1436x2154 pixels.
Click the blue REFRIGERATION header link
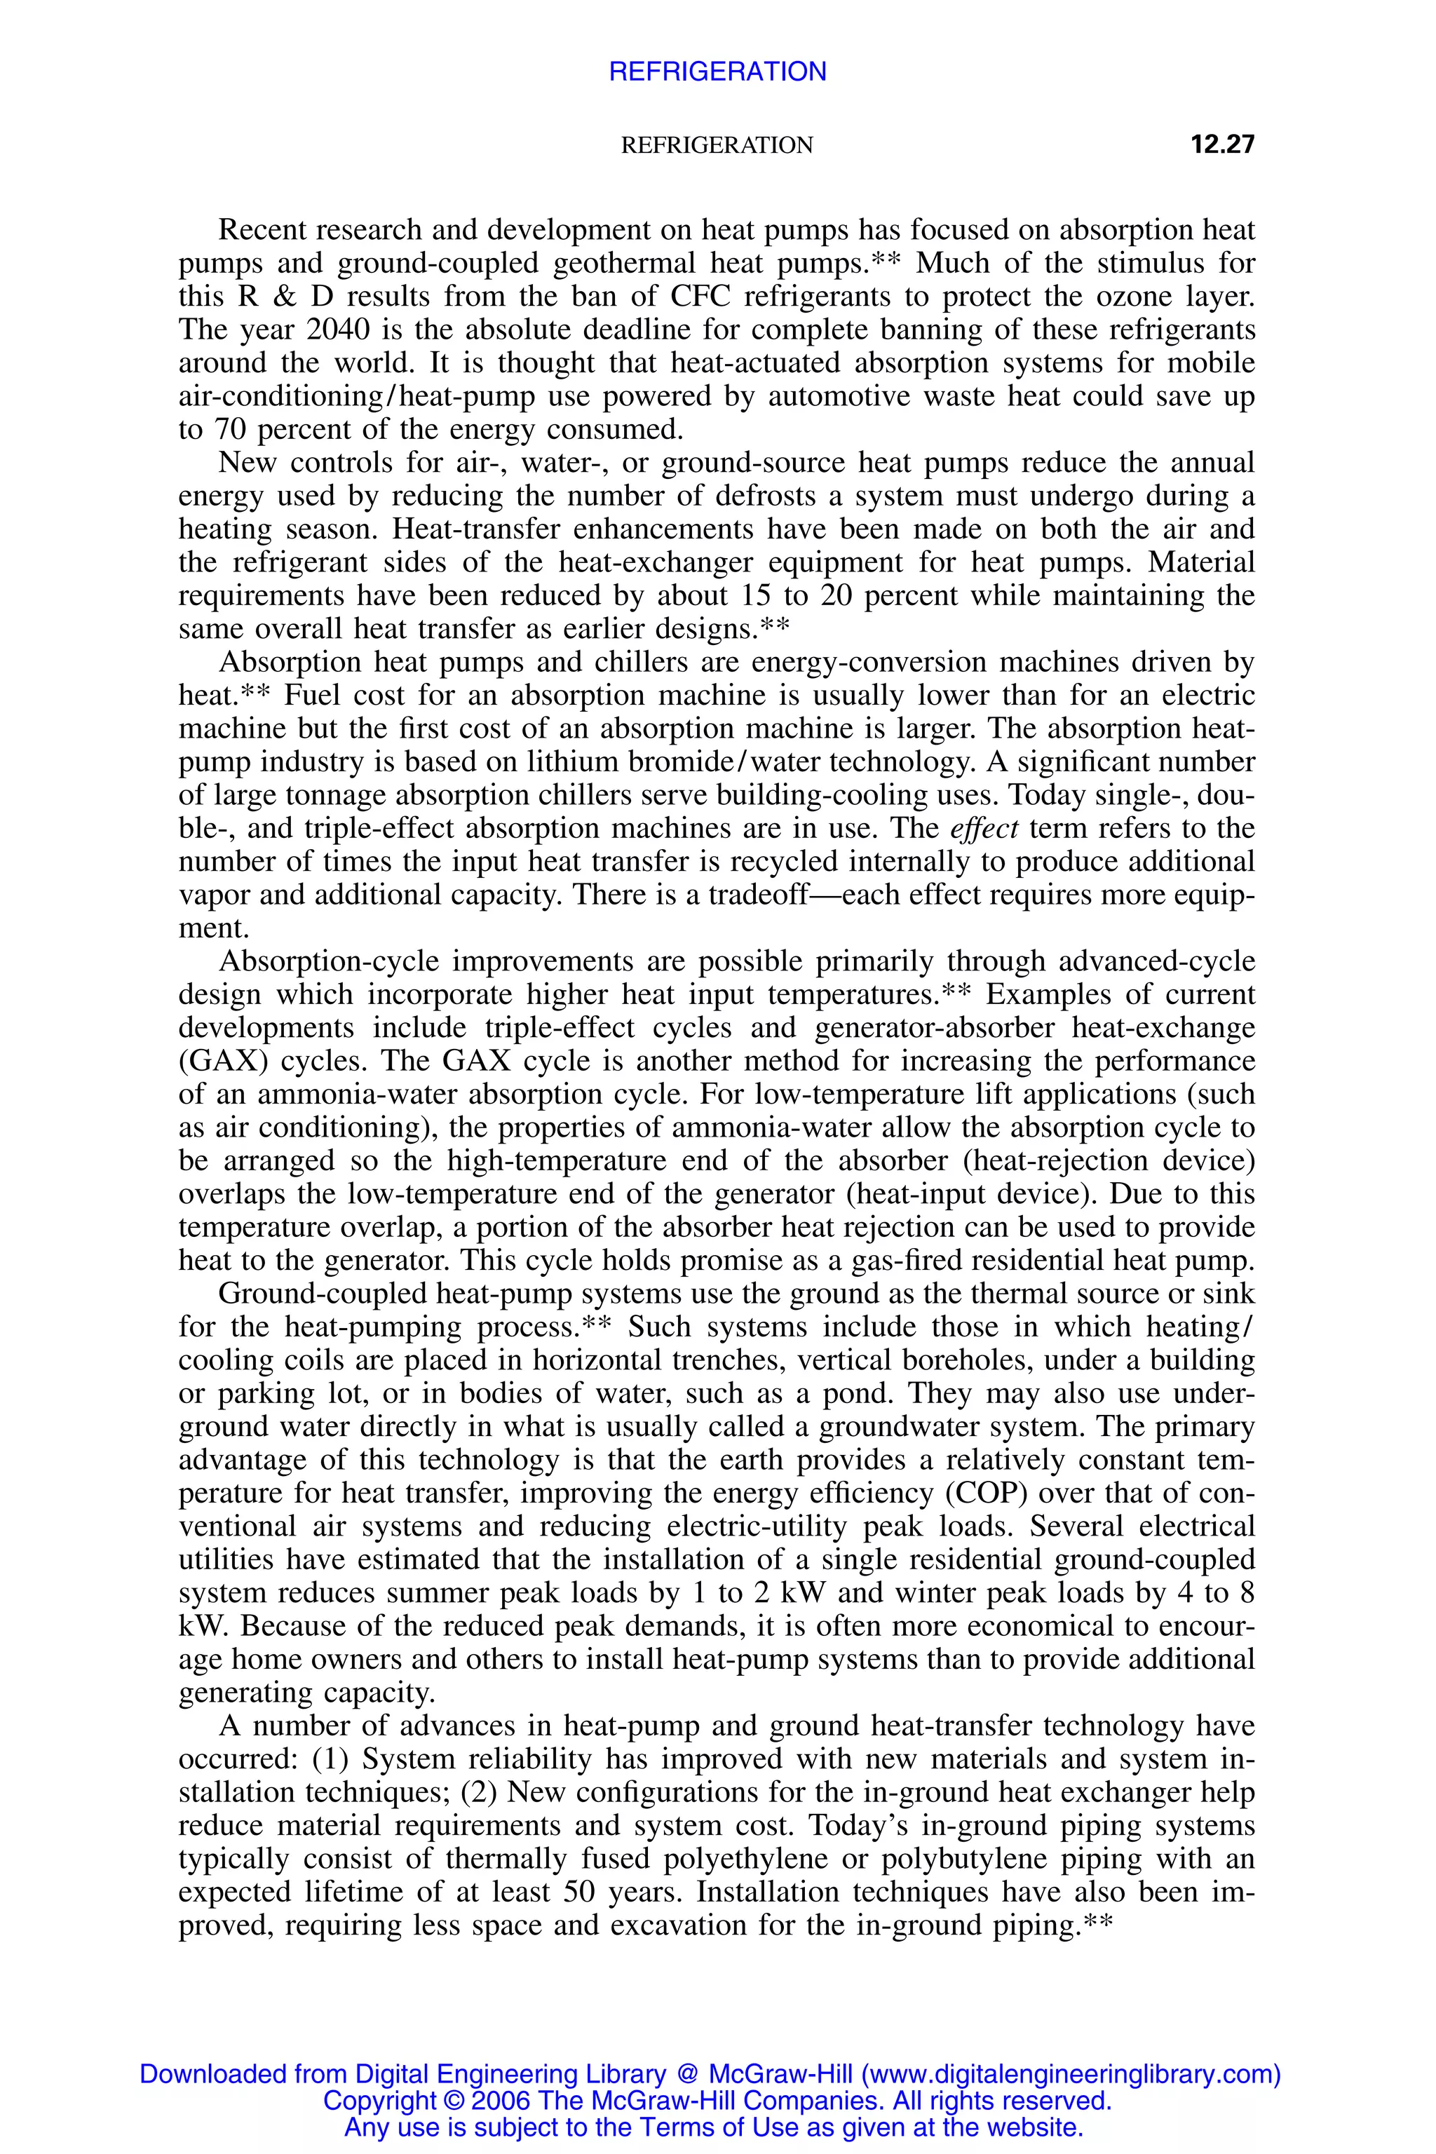point(717,72)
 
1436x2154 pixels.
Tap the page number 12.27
point(1221,144)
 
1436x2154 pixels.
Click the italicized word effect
point(984,829)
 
